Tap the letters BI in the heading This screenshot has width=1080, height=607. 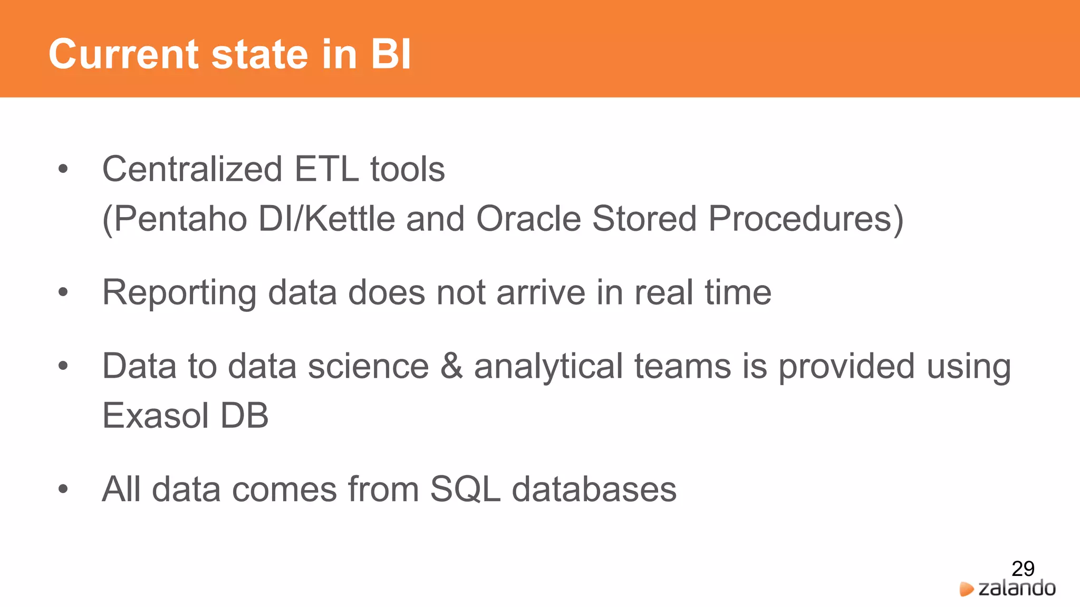(390, 54)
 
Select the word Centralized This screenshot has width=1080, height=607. (192, 169)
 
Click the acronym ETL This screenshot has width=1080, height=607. (326, 169)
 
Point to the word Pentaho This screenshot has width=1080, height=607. (180, 219)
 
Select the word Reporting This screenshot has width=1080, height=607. (179, 293)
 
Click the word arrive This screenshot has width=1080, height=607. (541, 293)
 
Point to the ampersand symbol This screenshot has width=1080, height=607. (451, 366)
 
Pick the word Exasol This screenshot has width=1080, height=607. (156, 416)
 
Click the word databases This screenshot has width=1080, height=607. (594, 489)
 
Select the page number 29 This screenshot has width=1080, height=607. (1023, 569)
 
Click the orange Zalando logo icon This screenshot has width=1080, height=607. (966, 589)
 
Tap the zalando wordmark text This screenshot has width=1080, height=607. (1017, 588)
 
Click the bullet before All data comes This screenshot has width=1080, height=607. (63, 489)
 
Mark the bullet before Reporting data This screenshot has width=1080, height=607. (63, 292)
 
